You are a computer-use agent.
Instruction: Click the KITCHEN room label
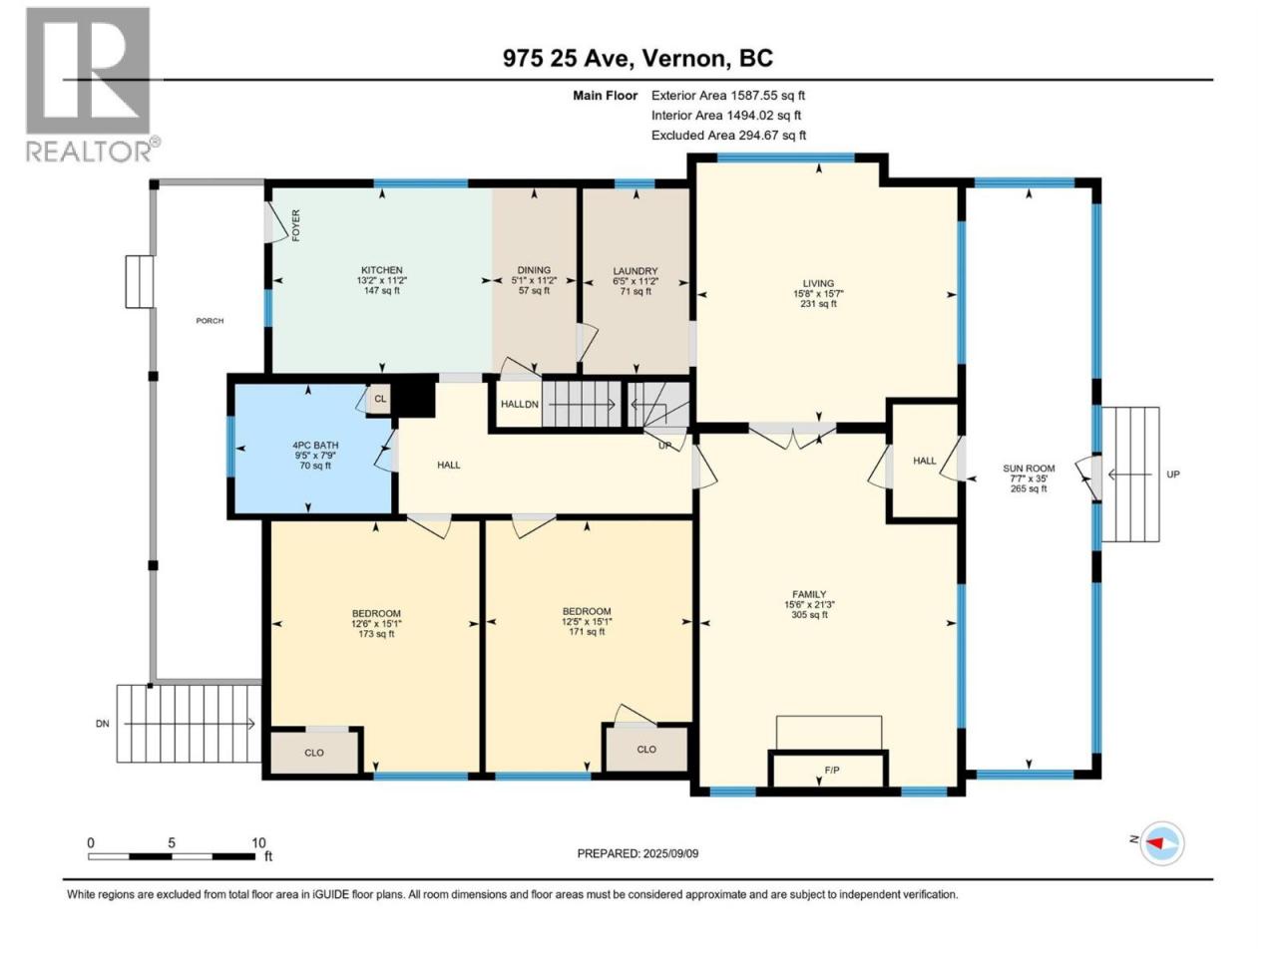click(x=382, y=270)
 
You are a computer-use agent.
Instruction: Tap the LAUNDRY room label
click(x=636, y=271)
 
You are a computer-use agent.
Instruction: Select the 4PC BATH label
click(x=315, y=446)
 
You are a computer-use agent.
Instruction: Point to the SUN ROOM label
click(x=1029, y=469)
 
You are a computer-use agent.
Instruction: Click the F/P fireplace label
click(x=832, y=770)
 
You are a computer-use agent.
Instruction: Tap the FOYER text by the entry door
click(x=296, y=225)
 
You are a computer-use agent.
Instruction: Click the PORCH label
click(x=210, y=321)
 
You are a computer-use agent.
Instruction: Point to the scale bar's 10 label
click(x=258, y=842)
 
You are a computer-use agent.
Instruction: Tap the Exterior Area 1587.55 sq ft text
click(x=728, y=96)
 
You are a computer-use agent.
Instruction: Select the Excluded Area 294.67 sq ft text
click(x=728, y=135)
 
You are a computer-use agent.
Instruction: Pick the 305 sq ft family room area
click(x=809, y=614)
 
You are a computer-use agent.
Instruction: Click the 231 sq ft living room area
click(x=818, y=303)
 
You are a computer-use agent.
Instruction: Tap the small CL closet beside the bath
click(x=380, y=399)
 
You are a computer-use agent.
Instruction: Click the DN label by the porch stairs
click(x=103, y=724)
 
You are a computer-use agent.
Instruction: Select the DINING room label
click(x=534, y=270)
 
